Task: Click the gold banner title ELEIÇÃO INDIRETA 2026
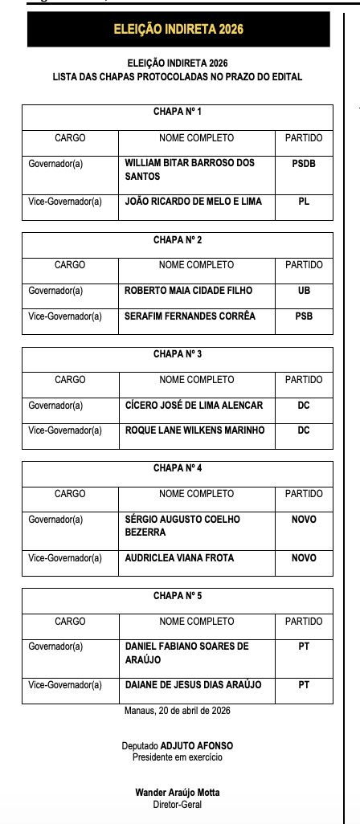pyautogui.click(x=178, y=30)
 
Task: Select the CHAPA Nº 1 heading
pyautogui.click(x=178, y=111)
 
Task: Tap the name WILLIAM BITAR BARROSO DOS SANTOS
pyautogui.click(x=190, y=169)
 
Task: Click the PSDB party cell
pyautogui.click(x=304, y=162)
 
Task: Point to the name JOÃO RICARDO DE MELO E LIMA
pyautogui.click(x=193, y=202)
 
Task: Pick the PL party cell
pyautogui.click(x=304, y=202)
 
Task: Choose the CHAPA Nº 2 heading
pyautogui.click(x=178, y=239)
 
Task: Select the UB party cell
pyautogui.click(x=304, y=291)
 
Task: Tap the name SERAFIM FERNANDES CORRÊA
pyautogui.click(x=190, y=316)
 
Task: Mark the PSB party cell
pyautogui.click(x=304, y=316)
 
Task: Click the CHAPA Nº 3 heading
pyautogui.click(x=178, y=353)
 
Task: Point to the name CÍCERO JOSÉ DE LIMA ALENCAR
pyautogui.click(x=194, y=405)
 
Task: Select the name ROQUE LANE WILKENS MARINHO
pyautogui.click(x=194, y=430)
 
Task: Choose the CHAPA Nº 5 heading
pyautogui.click(x=178, y=595)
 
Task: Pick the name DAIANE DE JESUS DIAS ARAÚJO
pyautogui.click(x=193, y=684)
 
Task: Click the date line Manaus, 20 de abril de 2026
pyautogui.click(x=178, y=711)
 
